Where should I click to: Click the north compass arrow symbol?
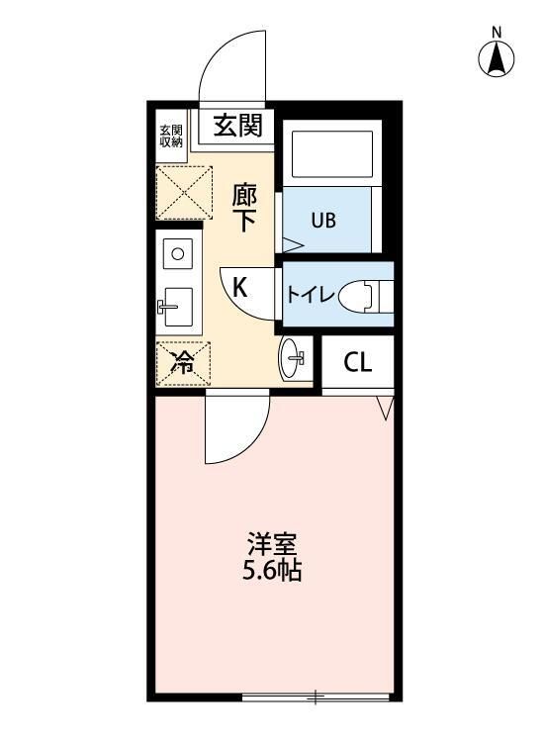coord(498,60)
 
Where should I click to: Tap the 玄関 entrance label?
coord(237,126)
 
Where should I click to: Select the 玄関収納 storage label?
coord(171,136)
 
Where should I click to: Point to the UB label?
coord(323,220)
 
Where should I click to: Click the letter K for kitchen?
coord(239,287)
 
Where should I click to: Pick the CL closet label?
coord(357,363)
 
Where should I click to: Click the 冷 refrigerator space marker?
coord(183,362)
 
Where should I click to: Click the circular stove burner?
coord(178,253)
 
